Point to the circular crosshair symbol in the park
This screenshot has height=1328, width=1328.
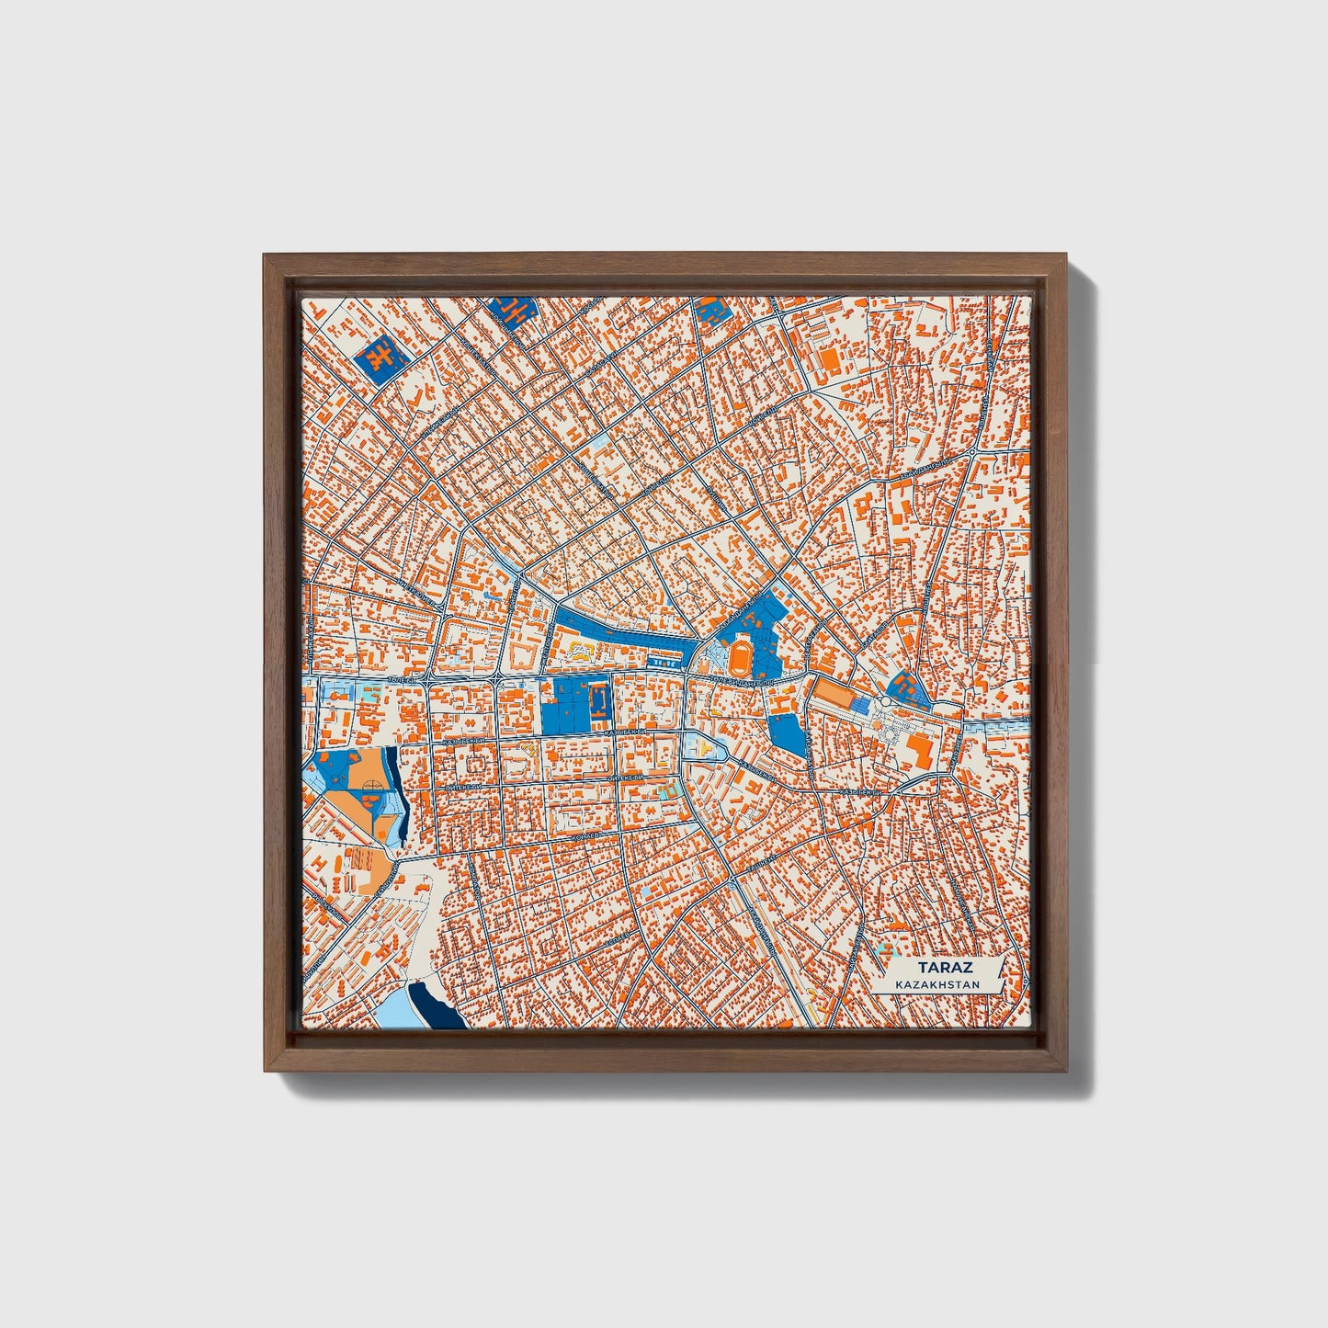click(370, 787)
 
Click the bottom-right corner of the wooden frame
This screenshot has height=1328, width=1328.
click(1066, 1070)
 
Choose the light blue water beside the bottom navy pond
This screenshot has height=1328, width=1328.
click(390, 1012)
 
